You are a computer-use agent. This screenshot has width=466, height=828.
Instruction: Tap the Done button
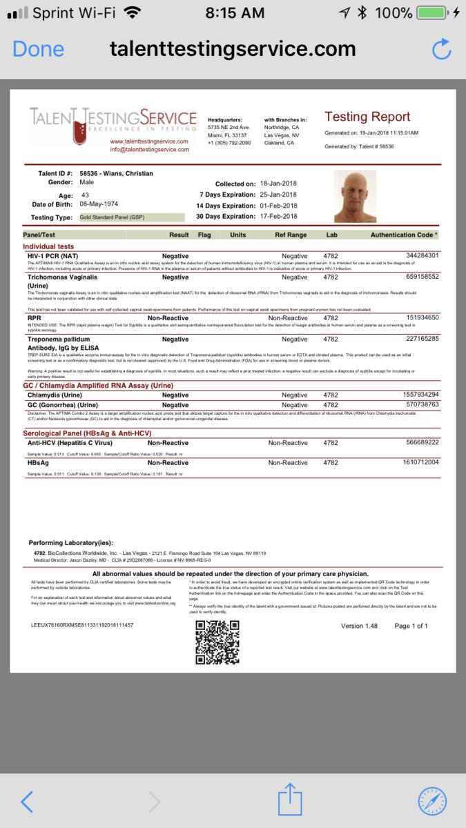pos(38,49)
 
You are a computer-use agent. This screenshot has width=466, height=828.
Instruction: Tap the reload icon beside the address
pos(440,49)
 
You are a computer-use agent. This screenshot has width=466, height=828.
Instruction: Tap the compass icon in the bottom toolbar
pos(432,800)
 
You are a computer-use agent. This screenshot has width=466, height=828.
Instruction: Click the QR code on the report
pos(217,642)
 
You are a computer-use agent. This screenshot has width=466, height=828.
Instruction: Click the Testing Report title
pos(367,117)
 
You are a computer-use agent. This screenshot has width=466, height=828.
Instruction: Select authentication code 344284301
pos(421,255)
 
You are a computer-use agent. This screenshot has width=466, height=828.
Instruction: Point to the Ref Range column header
pos(291,235)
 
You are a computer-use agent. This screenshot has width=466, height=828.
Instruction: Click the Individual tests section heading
pos(48,246)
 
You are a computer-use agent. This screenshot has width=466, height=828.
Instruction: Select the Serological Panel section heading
pos(86,433)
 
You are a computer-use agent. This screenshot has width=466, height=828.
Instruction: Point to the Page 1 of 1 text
pos(411,626)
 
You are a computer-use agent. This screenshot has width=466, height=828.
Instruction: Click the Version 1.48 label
pos(360,626)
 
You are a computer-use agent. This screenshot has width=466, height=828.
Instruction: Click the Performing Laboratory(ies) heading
pos(70,542)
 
